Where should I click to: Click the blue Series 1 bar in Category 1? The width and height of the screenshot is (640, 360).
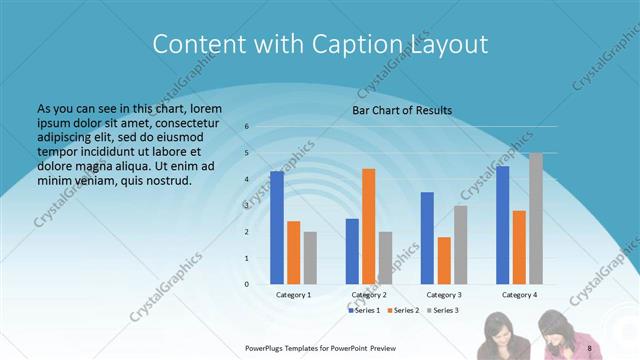tap(277, 227)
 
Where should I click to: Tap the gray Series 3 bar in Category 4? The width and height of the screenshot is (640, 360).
tap(535, 218)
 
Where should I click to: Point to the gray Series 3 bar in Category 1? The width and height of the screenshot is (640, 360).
tap(310, 257)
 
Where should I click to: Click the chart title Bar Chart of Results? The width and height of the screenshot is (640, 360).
tap(401, 110)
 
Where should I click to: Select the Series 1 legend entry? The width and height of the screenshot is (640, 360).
tap(365, 311)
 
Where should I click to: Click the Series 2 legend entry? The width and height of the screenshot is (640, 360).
tap(405, 311)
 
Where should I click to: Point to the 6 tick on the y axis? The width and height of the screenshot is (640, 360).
tap(246, 127)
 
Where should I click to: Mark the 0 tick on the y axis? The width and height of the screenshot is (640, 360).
tap(246, 284)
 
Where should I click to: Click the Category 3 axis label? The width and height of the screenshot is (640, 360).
tap(444, 295)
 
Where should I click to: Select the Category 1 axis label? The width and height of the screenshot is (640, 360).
tap(293, 295)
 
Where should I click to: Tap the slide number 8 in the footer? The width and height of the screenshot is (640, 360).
tap(590, 347)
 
